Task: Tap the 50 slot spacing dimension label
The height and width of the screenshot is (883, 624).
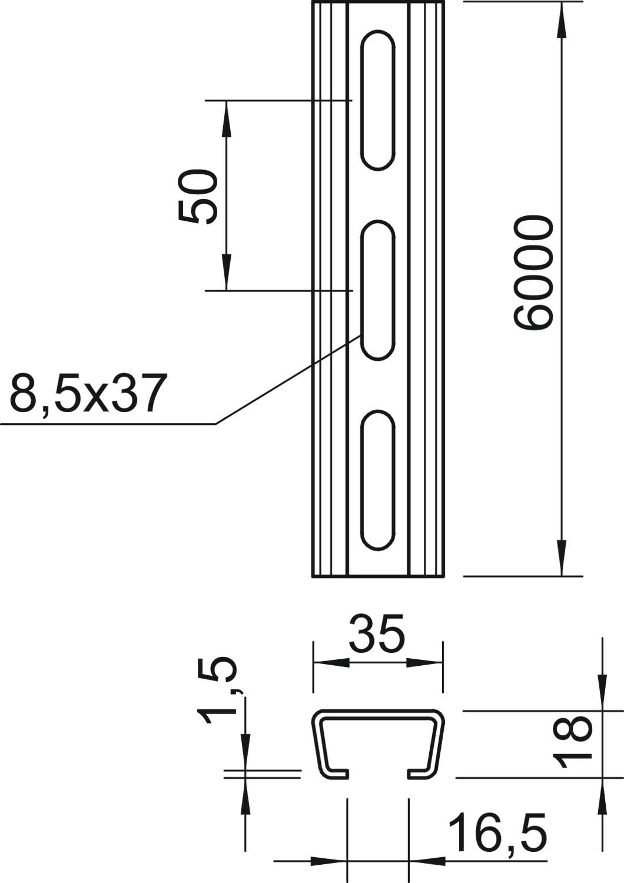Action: point(198,196)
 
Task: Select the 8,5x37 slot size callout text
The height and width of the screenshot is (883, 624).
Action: point(87,393)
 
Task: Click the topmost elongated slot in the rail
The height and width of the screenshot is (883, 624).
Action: point(378,100)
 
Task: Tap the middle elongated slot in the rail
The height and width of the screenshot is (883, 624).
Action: point(378,290)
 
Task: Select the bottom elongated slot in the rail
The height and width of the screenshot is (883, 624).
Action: point(378,480)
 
